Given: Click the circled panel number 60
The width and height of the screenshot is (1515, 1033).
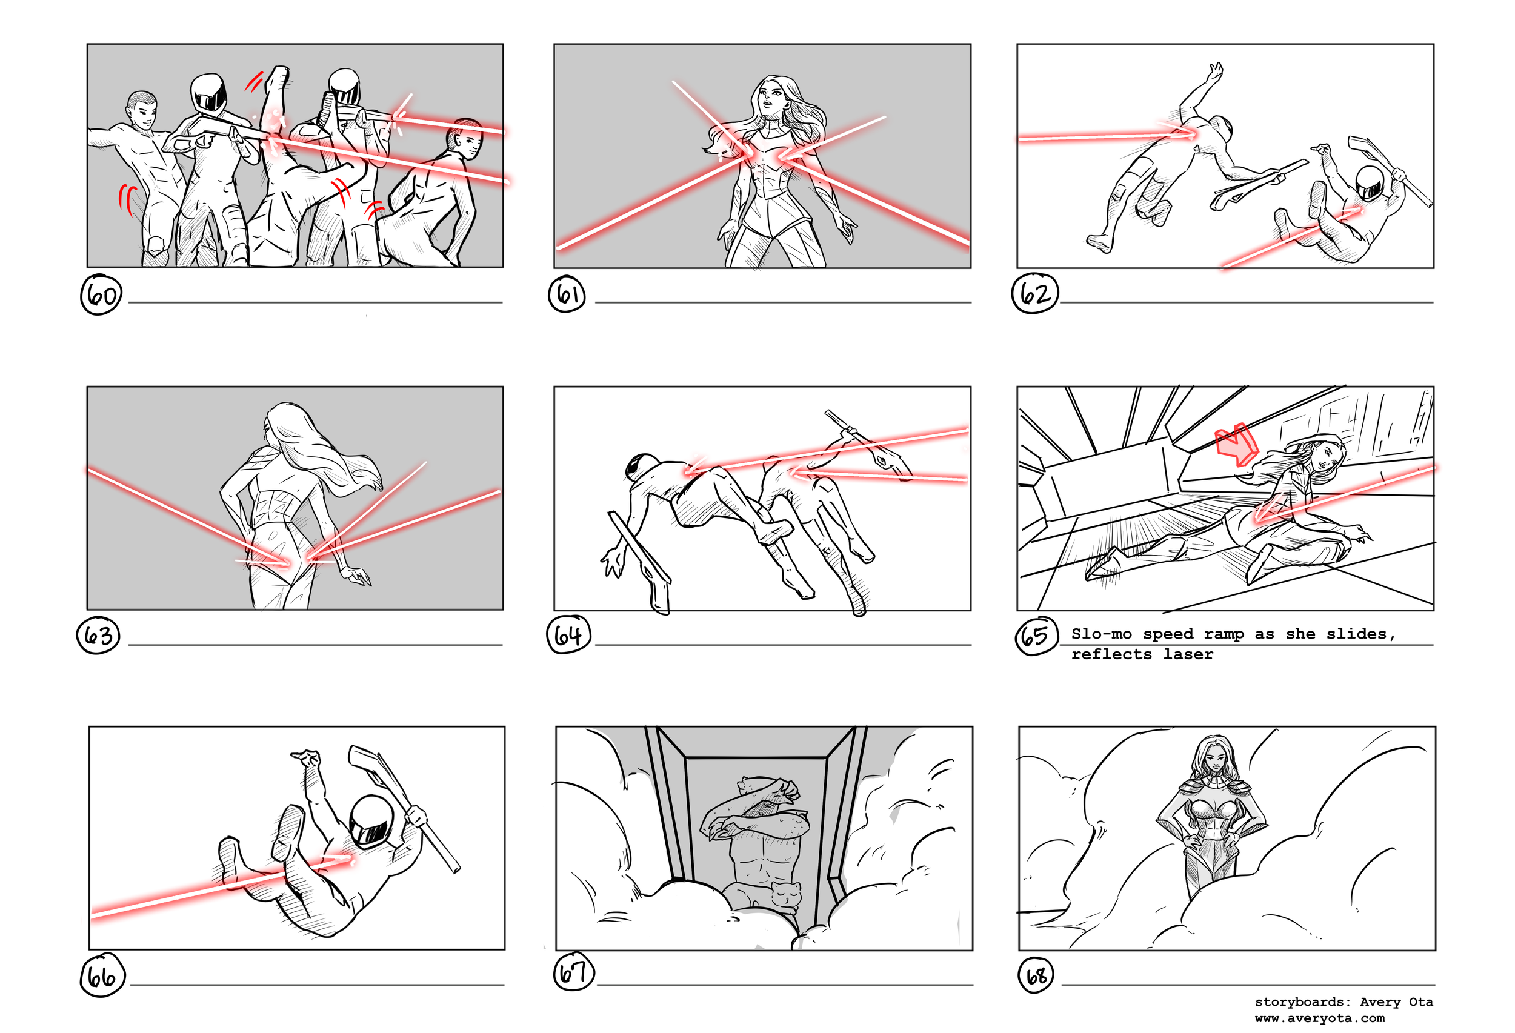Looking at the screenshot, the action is click(101, 294).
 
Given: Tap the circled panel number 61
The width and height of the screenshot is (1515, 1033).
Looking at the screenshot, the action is click(567, 294).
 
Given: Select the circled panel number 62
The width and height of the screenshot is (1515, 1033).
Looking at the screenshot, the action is click(1035, 294).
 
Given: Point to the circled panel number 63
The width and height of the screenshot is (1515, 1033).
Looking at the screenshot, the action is click(98, 635).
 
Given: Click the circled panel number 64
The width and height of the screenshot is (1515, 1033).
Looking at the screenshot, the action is click(568, 635).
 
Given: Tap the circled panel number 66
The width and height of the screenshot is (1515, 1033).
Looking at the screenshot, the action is click(102, 975).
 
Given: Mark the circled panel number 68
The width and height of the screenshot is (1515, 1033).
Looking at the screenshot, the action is click(1036, 975).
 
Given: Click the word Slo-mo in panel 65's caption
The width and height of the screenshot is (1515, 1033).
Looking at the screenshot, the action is click(1101, 634).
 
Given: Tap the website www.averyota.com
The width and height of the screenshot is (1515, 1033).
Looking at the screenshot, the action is click(1320, 1018).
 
